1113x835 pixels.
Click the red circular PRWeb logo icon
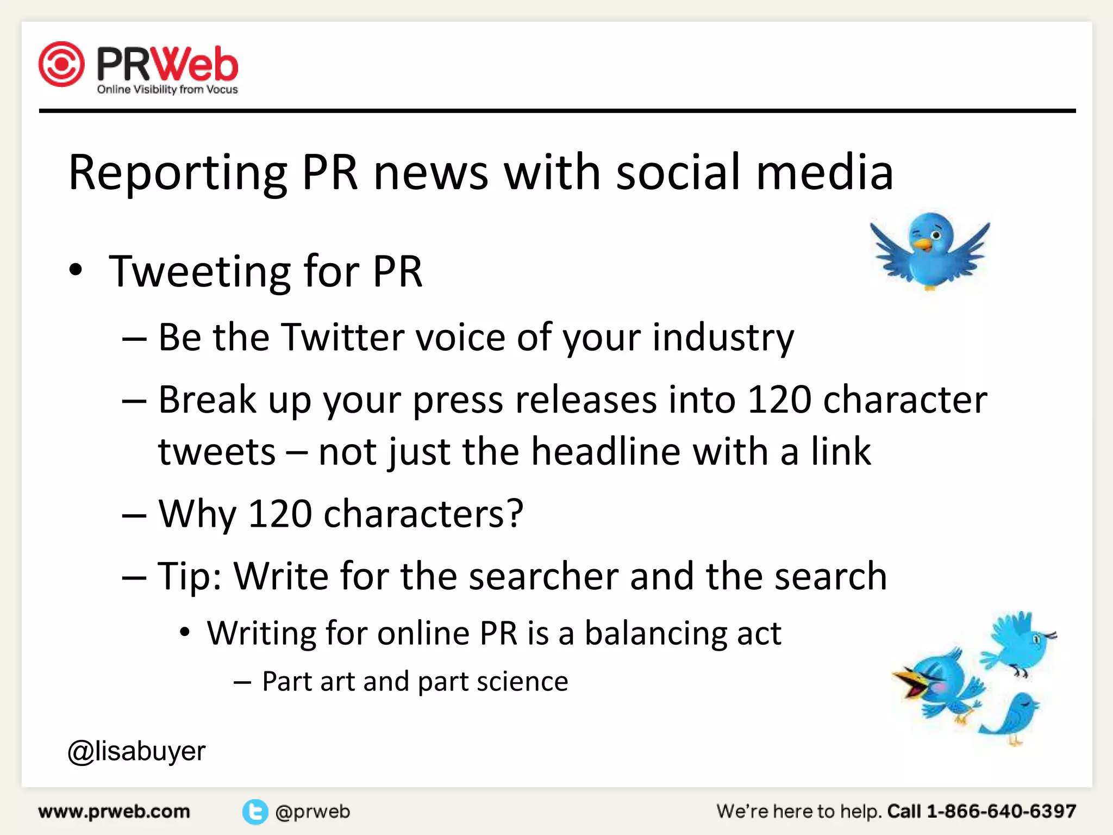(x=61, y=64)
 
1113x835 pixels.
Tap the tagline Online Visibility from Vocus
(x=167, y=90)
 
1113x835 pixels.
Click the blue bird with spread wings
(x=929, y=250)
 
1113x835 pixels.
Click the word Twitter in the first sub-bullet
(x=342, y=337)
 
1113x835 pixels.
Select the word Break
(x=207, y=400)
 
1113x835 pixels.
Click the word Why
(x=197, y=514)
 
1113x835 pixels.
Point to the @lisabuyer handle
(x=136, y=751)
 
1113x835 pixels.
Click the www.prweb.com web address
(x=114, y=812)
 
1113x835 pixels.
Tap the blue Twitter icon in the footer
(x=255, y=812)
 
